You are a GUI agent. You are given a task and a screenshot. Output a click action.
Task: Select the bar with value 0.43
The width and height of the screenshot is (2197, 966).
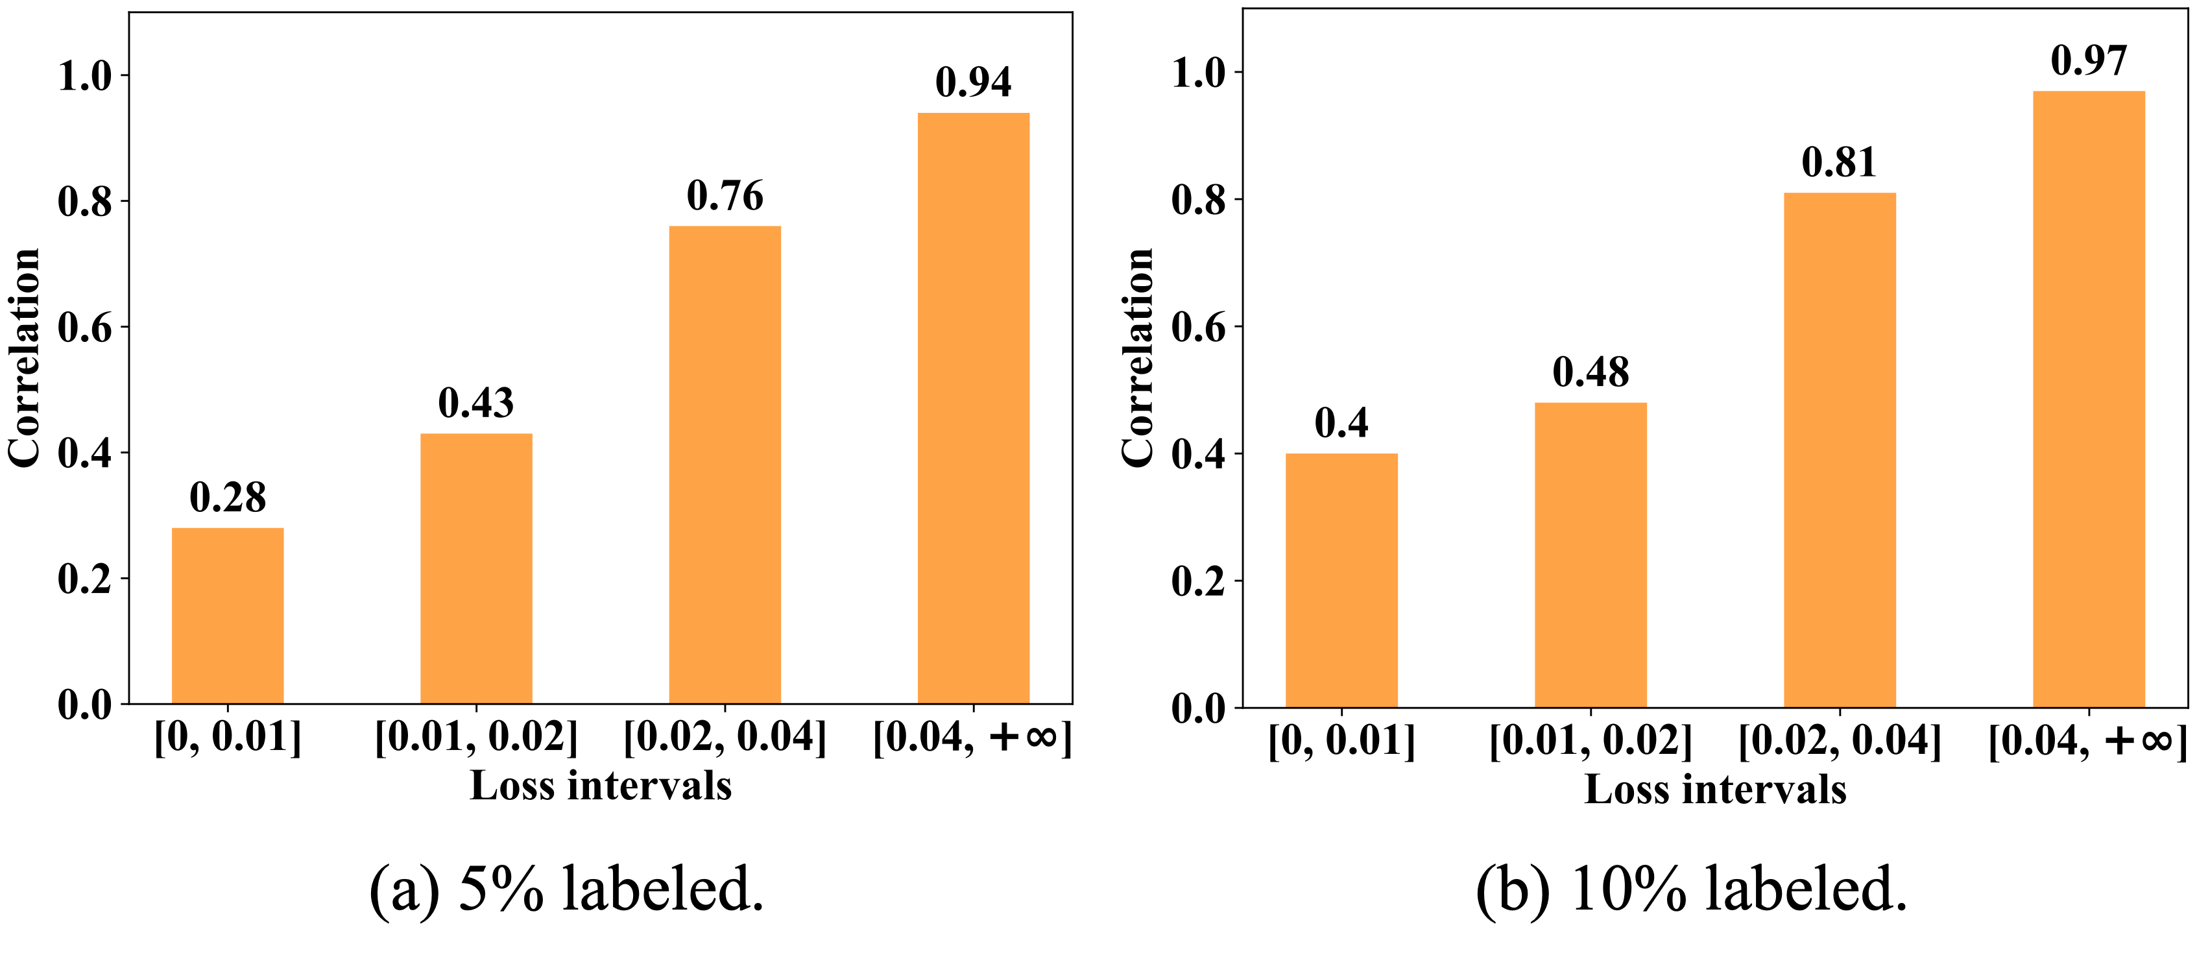point(476,568)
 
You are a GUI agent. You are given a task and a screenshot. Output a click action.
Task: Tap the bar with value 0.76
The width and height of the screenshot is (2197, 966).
point(725,465)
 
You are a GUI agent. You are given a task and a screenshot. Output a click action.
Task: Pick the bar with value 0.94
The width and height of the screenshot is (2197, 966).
point(973,408)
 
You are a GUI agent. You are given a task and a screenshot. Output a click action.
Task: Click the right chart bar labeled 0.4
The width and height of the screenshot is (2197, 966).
point(1341,580)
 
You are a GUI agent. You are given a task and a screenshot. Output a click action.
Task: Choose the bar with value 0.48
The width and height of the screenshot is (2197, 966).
point(1591,555)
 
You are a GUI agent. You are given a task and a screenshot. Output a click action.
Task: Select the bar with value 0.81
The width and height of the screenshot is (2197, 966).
point(1840,450)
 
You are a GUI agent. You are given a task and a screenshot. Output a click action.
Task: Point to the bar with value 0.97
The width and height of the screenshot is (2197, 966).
point(2089,398)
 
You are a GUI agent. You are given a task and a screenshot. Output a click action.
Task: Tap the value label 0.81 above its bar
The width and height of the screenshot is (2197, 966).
point(1840,163)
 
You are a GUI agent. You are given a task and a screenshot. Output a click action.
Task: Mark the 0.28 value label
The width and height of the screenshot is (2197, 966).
point(228,498)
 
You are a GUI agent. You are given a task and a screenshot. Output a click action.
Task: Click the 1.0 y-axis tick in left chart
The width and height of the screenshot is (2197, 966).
point(85,77)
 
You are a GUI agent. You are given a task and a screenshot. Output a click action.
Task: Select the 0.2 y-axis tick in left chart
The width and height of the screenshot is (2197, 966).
point(85,580)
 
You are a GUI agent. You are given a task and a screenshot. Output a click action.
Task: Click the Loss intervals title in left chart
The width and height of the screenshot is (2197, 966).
point(601,786)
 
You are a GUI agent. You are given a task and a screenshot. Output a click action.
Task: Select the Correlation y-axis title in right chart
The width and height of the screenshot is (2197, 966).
point(1138,358)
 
